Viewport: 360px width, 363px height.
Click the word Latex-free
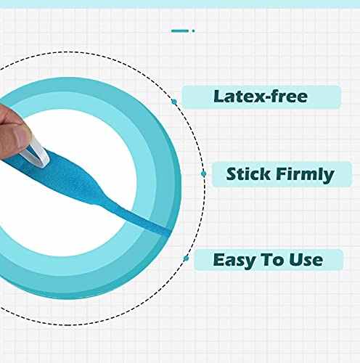click(261, 96)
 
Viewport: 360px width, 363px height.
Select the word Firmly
click(306, 174)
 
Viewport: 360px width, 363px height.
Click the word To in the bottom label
click(277, 259)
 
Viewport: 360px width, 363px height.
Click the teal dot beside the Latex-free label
click(173, 102)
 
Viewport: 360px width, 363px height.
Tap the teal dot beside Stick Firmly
click(202, 174)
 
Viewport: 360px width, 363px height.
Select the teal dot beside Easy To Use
click(187, 258)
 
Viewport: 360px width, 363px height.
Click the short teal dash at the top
click(179, 30)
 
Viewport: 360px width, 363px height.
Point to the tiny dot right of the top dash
click(193, 30)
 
